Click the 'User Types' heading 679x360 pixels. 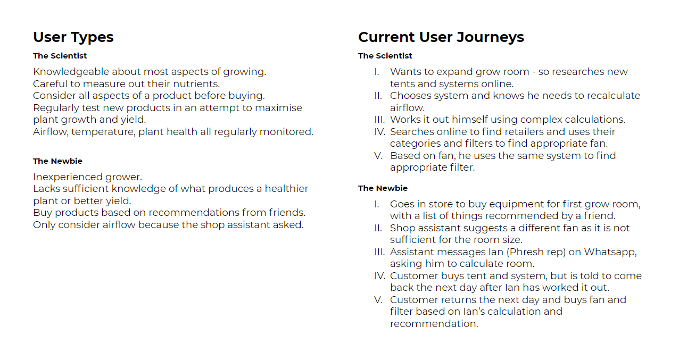(73, 37)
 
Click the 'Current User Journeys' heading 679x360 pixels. (441, 37)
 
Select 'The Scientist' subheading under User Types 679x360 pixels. (60, 56)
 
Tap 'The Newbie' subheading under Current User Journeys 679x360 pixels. (383, 188)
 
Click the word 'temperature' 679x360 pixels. (103, 132)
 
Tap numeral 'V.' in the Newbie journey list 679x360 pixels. (378, 300)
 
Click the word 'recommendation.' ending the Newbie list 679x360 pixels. (434, 324)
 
